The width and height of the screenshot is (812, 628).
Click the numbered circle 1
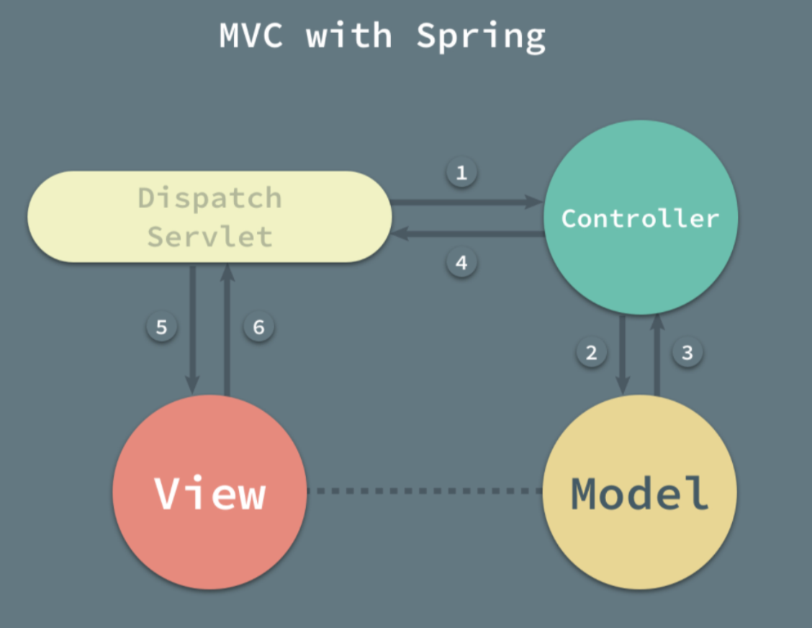[x=461, y=173]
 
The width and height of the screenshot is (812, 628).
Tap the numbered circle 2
[x=591, y=352]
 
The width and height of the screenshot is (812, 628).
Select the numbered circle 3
[x=687, y=352]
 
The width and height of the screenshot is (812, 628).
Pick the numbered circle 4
[x=461, y=262]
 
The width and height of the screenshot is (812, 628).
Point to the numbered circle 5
[x=161, y=327]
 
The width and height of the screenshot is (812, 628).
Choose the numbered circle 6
[x=258, y=327]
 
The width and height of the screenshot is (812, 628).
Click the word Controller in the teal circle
[x=640, y=218]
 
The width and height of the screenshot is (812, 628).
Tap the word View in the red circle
[x=210, y=493]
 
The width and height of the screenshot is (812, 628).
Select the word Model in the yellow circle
[x=640, y=493]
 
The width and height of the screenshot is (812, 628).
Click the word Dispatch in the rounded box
[x=209, y=197]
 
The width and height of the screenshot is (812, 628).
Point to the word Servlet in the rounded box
[x=209, y=236]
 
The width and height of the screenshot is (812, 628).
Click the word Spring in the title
[x=481, y=36]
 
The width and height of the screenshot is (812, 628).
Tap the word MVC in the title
[x=251, y=36]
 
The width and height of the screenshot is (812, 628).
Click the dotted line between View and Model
[x=425, y=491]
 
